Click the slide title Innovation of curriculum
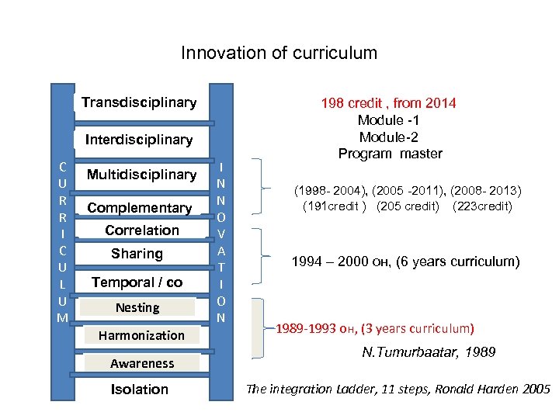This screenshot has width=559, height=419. click(x=279, y=54)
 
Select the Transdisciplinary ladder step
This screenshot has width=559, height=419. click(x=139, y=102)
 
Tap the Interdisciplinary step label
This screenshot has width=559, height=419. click(x=139, y=140)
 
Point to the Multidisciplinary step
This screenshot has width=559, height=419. click(x=141, y=175)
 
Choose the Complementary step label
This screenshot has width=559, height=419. click(x=140, y=208)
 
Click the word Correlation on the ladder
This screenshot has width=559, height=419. click(x=142, y=230)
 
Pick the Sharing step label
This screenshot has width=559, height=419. click(x=137, y=254)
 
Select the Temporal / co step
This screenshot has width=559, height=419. click(x=137, y=282)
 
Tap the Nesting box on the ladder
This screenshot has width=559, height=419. click(x=137, y=308)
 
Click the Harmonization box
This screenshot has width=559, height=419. click(x=141, y=335)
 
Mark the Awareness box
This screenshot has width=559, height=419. click(x=142, y=363)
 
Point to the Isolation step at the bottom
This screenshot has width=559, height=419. click(x=140, y=390)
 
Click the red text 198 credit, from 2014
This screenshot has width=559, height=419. click(x=389, y=103)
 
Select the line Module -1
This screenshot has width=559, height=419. click(x=389, y=120)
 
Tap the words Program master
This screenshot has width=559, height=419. click(x=390, y=154)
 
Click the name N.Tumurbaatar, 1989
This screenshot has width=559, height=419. click(x=429, y=353)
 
